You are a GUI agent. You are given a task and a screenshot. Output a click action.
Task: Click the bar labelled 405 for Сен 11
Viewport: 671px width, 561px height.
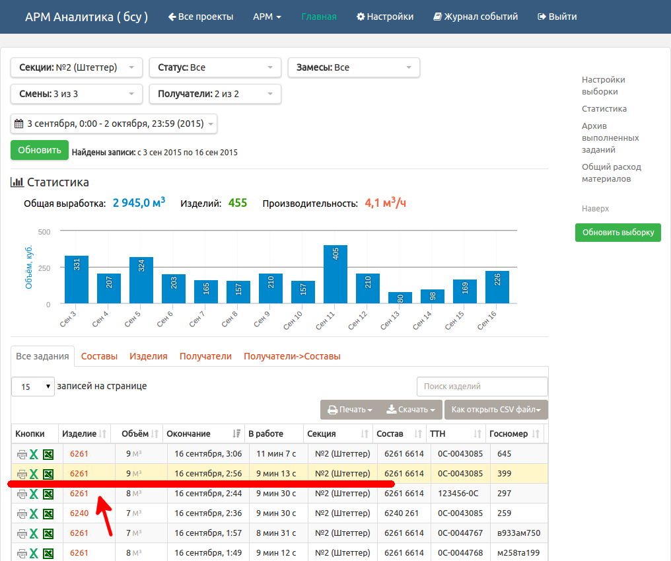335,274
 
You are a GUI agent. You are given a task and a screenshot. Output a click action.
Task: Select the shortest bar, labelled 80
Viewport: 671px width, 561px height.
400,297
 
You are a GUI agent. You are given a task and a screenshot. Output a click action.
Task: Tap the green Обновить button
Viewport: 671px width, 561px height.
40,150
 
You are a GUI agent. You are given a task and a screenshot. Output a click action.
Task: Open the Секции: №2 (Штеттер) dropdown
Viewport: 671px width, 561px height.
76,67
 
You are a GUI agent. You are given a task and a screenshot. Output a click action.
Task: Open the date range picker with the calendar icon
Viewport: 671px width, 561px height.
114,124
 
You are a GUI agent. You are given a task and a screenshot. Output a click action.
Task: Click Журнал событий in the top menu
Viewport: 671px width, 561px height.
476,17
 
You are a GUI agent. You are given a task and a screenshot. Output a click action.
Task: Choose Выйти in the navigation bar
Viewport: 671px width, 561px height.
557,17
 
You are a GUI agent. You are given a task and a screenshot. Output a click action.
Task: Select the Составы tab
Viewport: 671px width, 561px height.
99,356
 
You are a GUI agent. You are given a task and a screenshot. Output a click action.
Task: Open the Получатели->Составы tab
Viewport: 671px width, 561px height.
293,356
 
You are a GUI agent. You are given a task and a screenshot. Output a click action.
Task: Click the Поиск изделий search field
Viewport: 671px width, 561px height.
482,387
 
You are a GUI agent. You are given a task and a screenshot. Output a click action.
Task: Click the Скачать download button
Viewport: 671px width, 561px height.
411,410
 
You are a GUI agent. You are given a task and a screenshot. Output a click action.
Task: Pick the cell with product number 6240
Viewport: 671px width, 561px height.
79,513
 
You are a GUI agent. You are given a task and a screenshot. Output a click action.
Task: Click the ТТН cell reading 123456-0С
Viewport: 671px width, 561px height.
458,494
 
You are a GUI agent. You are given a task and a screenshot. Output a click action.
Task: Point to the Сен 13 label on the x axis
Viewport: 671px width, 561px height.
390,320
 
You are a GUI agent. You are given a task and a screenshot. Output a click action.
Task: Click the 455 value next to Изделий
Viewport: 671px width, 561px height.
238,203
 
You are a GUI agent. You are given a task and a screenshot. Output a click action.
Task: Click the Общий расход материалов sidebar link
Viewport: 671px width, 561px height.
612,172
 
